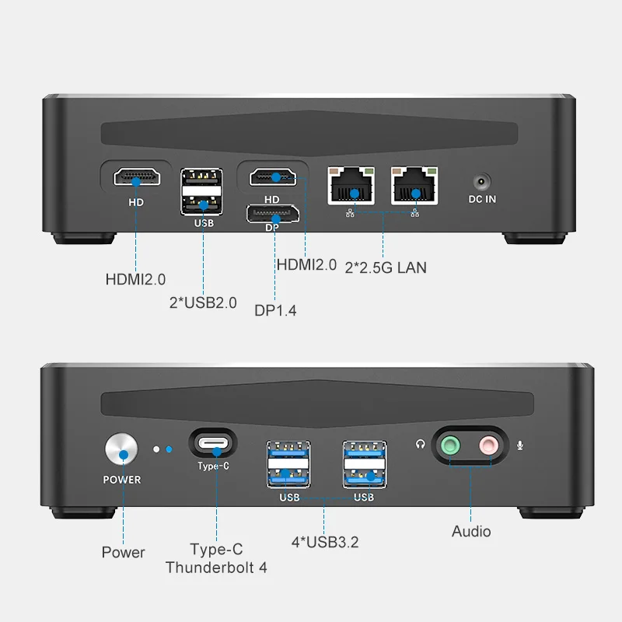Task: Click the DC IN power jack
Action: click(x=482, y=182)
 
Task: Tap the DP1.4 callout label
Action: click(x=275, y=311)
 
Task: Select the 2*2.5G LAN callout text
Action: click(x=386, y=267)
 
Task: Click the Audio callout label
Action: click(x=471, y=532)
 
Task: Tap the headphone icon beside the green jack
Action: click(x=421, y=446)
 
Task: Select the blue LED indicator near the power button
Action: click(x=169, y=449)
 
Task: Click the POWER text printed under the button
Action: click(x=122, y=480)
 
